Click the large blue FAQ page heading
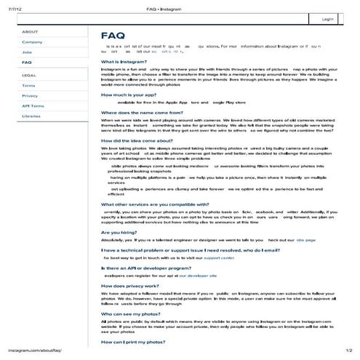[x=113, y=35]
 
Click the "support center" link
[x=219, y=257]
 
